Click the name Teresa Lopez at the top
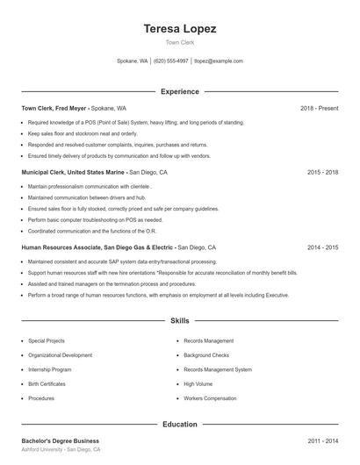pos(179,28)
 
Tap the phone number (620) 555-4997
pos(171,61)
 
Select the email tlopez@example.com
pos(219,61)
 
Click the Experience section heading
pos(179,91)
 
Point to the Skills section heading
pos(179,322)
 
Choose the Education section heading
pos(179,424)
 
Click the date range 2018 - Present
pos(319,108)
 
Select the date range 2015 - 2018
pos(323,173)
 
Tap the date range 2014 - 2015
pos(323,248)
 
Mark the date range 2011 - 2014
pos(323,440)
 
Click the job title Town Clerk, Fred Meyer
pos(54,108)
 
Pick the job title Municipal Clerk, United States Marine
pos(74,173)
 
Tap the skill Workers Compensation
pos(211,397)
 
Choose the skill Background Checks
pos(206,355)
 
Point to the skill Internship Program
pos(49,369)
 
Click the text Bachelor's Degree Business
pos(60,440)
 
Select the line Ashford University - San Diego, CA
pos(61,449)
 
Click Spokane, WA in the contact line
pos(132,61)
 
